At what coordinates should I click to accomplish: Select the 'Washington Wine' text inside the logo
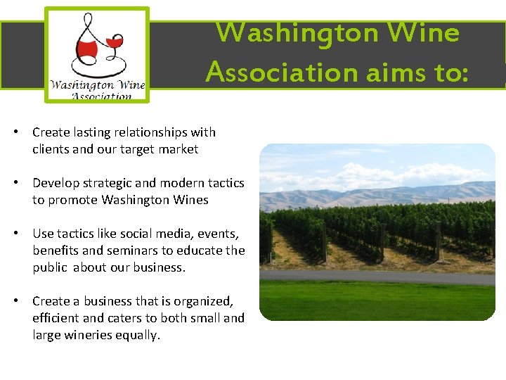pos(97,85)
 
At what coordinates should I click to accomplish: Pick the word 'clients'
pos(50,149)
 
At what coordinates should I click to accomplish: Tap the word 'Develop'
pos(55,183)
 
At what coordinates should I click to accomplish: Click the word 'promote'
pos(73,200)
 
